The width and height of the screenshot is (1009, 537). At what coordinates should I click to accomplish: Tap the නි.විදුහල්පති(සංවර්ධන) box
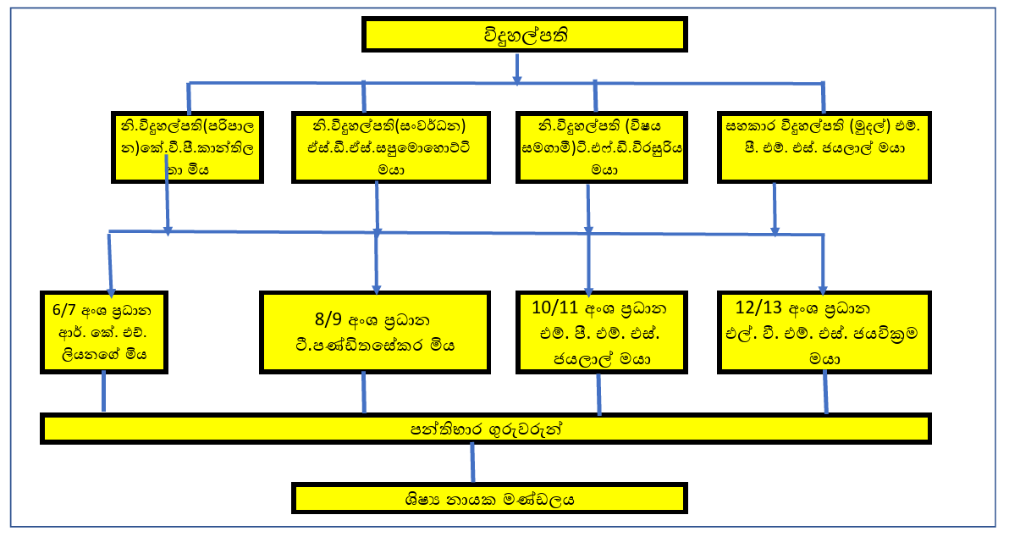pyautogui.click(x=390, y=145)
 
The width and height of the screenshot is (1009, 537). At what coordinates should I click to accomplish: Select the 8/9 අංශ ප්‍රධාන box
pyautogui.click(x=376, y=332)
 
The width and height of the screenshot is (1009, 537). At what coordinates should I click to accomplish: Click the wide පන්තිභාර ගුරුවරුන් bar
pyautogui.click(x=485, y=429)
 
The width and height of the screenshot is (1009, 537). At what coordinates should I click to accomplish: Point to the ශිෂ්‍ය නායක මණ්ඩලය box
pyautogui.click(x=489, y=498)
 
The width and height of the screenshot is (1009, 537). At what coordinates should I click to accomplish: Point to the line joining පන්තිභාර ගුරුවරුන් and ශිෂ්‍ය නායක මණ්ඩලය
pyautogui.click(x=471, y=462)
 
